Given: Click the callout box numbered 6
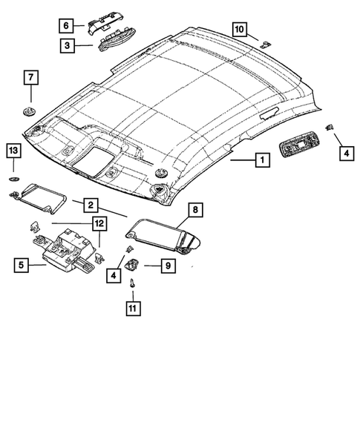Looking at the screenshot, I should pos(67,25).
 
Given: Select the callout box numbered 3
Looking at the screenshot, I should pos(67,46).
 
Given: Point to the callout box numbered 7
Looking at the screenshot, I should pos(30,76).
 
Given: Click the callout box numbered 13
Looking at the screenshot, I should pos(13,151).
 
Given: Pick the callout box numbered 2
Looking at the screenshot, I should pos(88,204).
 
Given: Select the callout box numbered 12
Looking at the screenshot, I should pos(99,222).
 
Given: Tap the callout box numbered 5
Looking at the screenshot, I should pos(22,263).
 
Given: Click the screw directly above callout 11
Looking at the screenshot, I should pos(133,283).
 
